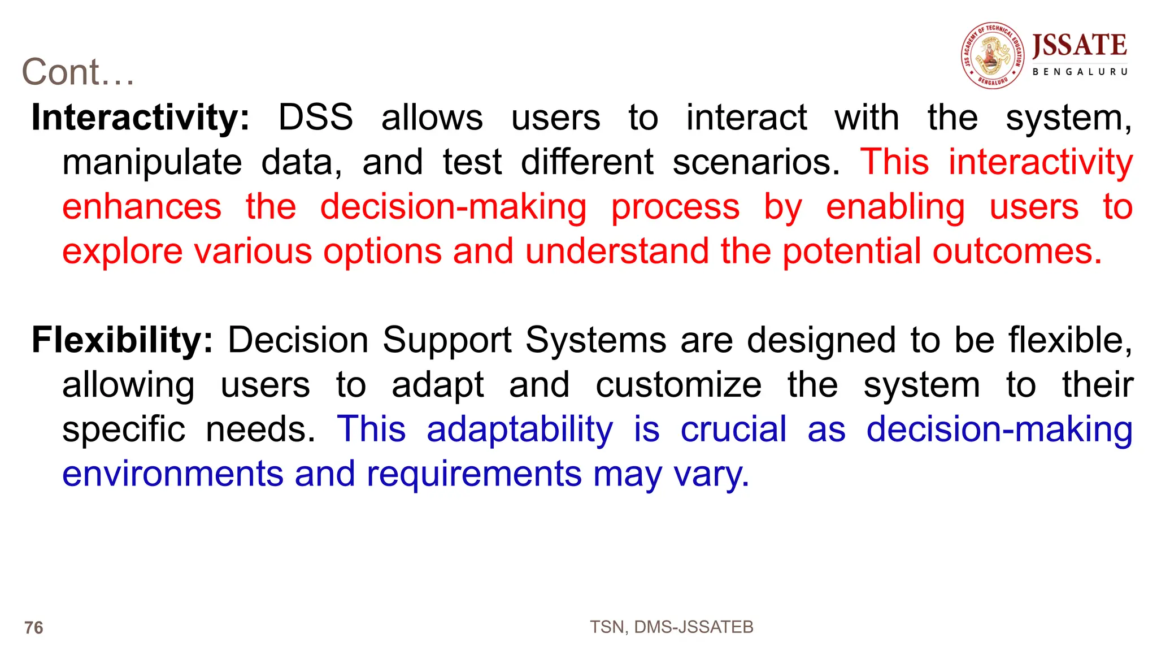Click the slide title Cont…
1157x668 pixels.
(78, 72)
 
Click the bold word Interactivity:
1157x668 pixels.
(140, 118)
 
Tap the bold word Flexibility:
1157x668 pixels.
(122, 340)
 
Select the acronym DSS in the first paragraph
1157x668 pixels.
(315, 118)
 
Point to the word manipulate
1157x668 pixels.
(152, 163)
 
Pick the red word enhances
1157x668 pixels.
(142, 207)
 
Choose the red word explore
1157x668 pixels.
(122, 251)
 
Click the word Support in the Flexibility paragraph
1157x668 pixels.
(446, 340)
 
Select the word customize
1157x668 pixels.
(678, 385)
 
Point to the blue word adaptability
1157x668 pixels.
(520, 430)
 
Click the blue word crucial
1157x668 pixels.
(733, 430)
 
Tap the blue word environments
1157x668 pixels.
(173, 474)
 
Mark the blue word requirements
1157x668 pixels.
(474, 474)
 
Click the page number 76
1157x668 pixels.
(34, 628)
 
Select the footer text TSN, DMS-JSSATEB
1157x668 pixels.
(671, 627)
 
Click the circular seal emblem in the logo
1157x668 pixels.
(993, 55)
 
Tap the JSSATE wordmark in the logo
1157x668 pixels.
(1080, 45)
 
